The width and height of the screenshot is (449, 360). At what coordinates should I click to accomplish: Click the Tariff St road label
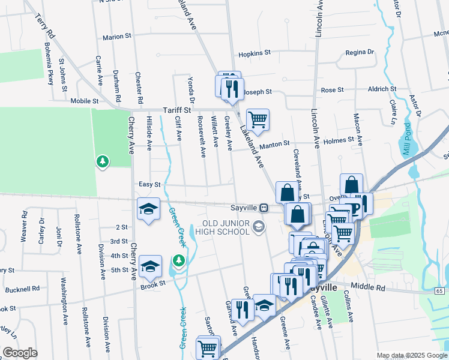tap(176, 110)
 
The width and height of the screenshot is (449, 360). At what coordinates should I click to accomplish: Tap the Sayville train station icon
tap(264, 208)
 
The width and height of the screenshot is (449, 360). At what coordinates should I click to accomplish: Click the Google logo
tap(20, 353)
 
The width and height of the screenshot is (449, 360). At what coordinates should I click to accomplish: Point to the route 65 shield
tap(439, 291)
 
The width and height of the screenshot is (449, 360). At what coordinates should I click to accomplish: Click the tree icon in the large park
tap(103, 161)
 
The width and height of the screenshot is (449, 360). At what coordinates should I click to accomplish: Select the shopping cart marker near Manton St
tap(258, 119)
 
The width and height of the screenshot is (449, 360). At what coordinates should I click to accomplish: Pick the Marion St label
tap(116, 37)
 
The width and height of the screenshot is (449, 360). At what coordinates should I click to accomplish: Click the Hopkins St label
tap(252, 53)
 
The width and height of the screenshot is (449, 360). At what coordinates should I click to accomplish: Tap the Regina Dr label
tap(360, 53)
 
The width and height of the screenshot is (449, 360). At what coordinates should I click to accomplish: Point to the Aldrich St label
tap(381, 89)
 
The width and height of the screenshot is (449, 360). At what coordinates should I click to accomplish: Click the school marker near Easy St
tap(148, 208)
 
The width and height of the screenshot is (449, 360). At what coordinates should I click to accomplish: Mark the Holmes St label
tap(339, 140)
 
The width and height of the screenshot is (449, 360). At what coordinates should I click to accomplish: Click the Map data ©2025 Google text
tap(411, 355)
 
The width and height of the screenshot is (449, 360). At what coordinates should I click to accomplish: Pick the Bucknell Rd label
tap(22, 289)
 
